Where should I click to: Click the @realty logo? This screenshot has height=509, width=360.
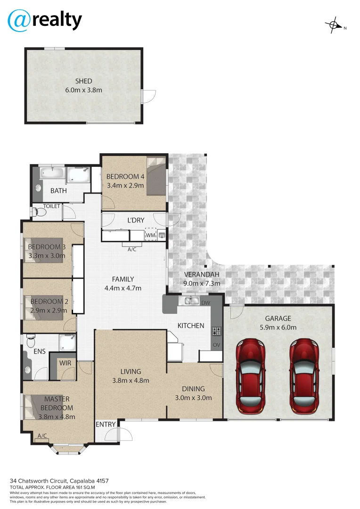point(45,20)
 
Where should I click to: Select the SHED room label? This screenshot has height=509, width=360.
point(83,81)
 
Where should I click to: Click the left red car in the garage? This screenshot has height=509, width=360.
point(250,375)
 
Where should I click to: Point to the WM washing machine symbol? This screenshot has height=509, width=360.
point(150,234)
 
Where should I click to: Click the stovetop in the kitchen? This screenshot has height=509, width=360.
point(216,331)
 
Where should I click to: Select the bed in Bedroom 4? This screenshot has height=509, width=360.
point(156,176)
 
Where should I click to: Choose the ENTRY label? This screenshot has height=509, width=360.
point(106,424)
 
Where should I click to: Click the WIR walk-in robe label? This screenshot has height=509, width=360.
point(65,362)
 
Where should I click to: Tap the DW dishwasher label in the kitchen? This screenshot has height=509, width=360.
point(205,303)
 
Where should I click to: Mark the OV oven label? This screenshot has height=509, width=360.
point(217,345)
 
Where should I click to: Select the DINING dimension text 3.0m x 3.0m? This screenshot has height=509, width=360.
point(194,397)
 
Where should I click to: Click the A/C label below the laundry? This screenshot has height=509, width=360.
point(132,249)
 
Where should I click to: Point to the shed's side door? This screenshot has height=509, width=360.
point(148,96)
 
